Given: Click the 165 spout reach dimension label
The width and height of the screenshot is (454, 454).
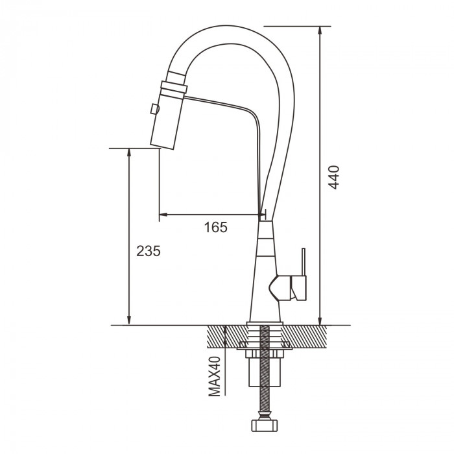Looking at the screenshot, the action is coord(216,227).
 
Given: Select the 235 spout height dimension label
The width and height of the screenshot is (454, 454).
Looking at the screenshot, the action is coord(149,251).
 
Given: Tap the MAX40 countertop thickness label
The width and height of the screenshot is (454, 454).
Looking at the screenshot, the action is coord(215,376).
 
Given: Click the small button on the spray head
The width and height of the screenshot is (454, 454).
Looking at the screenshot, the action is coord(154,109).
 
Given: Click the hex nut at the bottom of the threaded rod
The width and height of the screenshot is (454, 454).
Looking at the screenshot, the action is coord(265,426).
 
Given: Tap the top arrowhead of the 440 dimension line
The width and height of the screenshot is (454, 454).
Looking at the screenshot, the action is coord(320,31).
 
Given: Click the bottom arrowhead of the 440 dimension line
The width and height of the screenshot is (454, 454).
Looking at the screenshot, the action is coord(320,320).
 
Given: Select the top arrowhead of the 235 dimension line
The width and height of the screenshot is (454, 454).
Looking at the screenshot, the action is coord(130,153).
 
